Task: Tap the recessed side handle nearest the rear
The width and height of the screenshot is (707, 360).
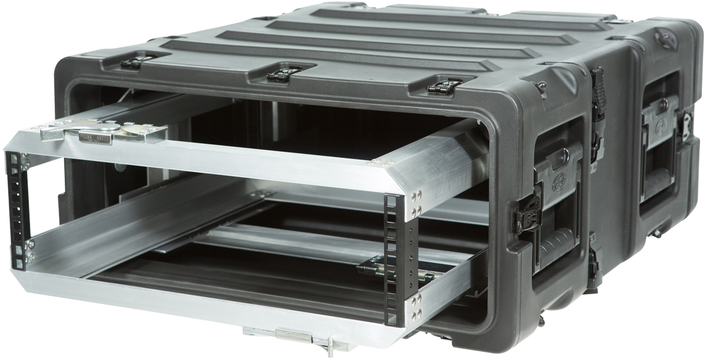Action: pyautogui.click(x=663, y=153)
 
